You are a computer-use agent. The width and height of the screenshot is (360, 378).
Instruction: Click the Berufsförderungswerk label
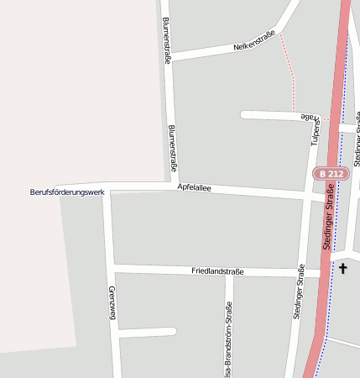(66, 193)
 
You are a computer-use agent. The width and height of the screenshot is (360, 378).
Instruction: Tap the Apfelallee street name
(194, 188)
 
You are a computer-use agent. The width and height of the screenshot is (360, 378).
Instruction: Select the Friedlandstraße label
(217, 271)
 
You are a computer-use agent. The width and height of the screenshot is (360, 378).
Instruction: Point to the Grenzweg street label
(111, 303)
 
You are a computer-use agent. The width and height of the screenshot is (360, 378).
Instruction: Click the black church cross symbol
(342, 269)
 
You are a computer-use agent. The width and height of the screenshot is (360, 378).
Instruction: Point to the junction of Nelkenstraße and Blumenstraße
(168, 59)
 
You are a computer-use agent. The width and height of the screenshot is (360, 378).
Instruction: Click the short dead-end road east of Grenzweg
(147, 333)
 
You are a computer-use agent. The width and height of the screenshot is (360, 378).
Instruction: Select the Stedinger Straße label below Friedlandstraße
(298, 292)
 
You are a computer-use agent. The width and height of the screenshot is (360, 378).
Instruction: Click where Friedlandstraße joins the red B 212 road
(321, 274)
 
